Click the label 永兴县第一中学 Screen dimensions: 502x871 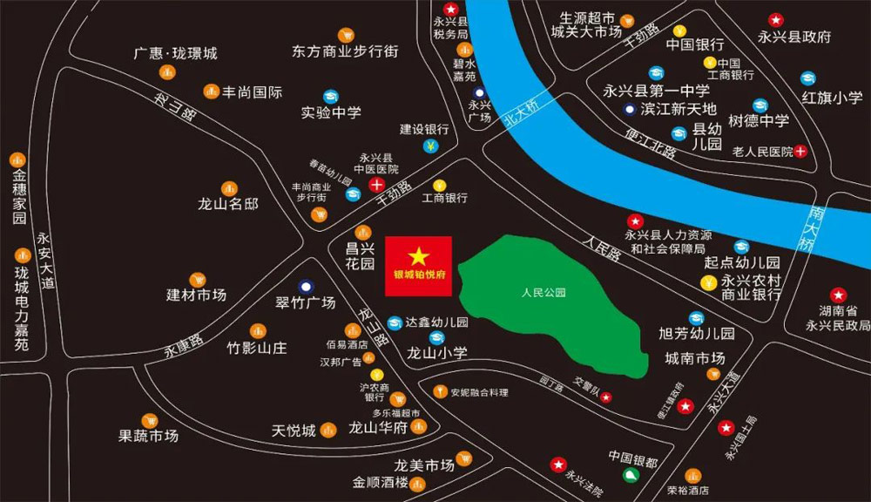656,90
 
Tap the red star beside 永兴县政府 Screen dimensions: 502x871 775,19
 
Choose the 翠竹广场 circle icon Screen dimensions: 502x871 306,286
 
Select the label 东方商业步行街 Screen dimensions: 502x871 345,51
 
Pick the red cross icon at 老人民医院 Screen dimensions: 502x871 800,152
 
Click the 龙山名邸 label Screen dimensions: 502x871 228,205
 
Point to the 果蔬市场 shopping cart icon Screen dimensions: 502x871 149,421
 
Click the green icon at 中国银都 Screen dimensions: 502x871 631,475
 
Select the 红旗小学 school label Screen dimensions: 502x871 833,98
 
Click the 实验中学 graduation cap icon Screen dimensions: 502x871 331,96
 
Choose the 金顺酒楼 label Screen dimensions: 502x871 381,483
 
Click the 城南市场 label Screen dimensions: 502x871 694,358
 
